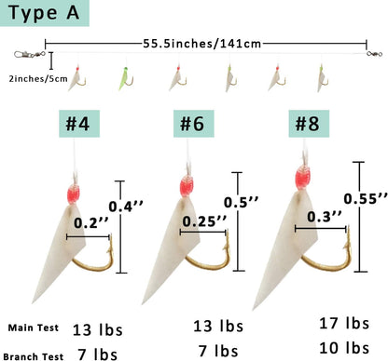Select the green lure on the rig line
coord(124,75)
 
